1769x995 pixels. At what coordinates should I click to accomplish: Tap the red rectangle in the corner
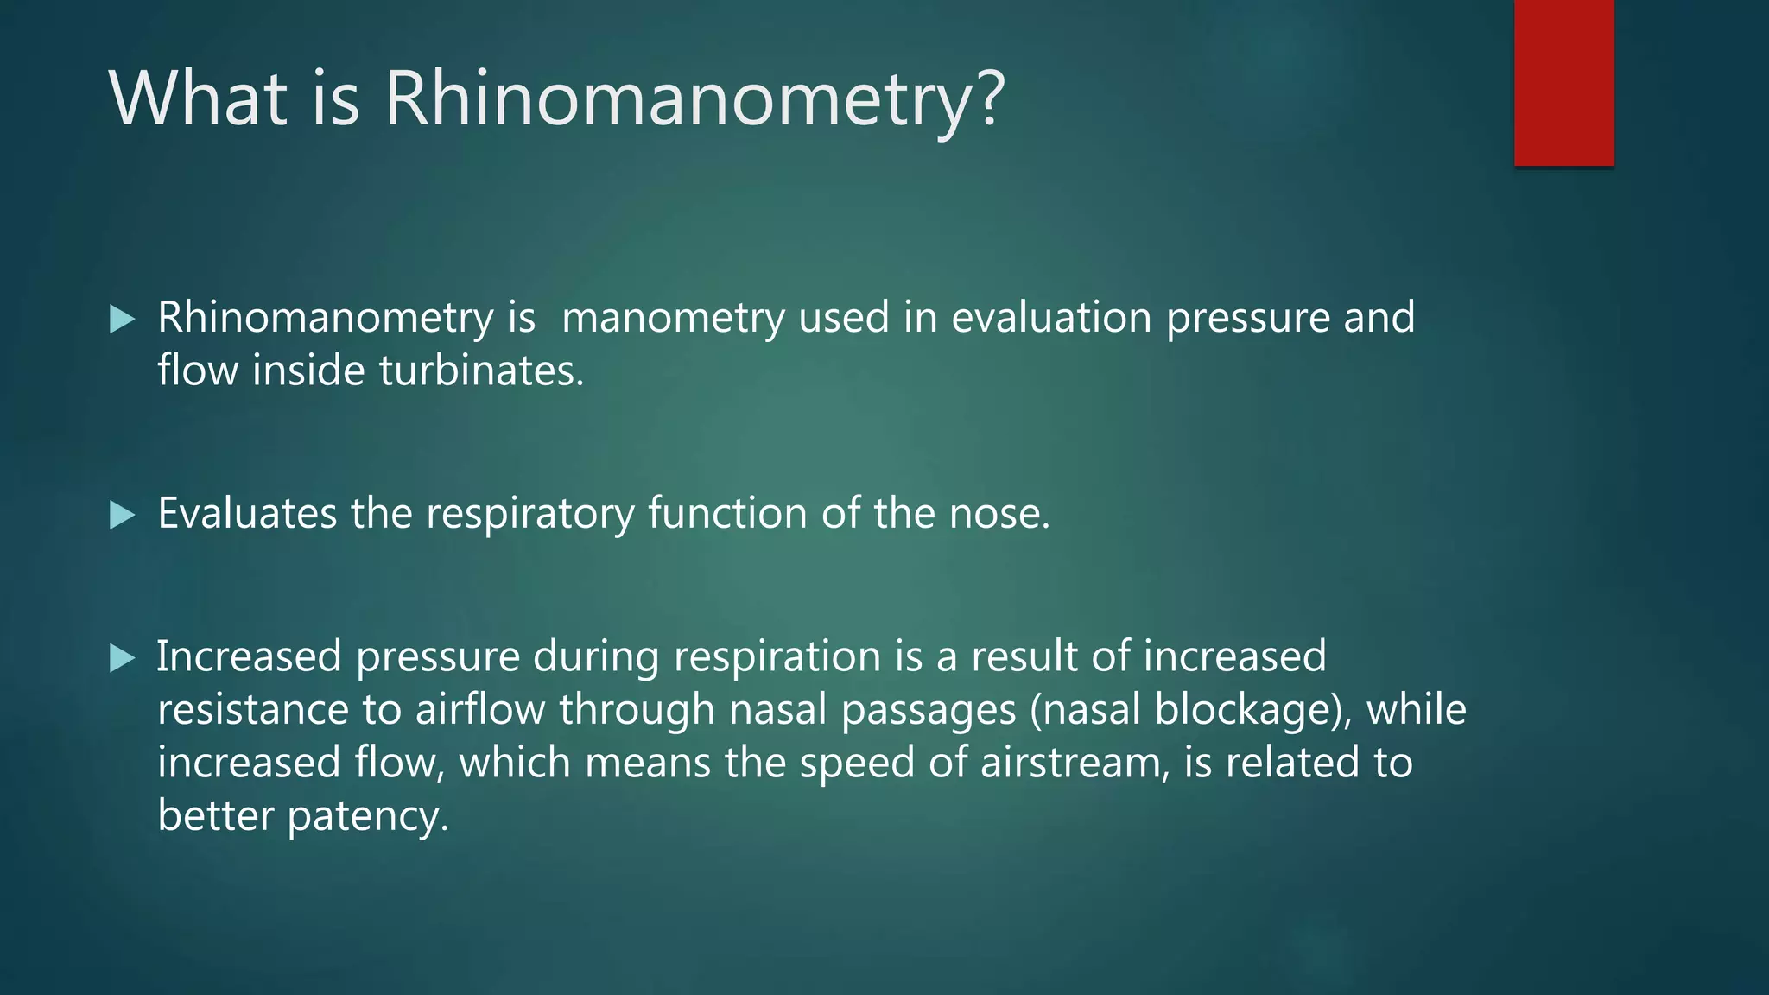point(1563,83)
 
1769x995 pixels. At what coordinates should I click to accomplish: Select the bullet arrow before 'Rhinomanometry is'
point(123,320)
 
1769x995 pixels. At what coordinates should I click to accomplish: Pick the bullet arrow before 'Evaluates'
point(123,516)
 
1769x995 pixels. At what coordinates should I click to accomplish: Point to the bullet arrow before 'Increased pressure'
point(123,659)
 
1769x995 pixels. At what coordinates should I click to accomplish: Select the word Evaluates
point(247,513)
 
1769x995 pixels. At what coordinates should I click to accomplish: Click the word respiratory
point(529,515)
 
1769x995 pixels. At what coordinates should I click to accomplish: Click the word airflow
point(480,710)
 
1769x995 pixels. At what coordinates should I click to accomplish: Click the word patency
point(367,817)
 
